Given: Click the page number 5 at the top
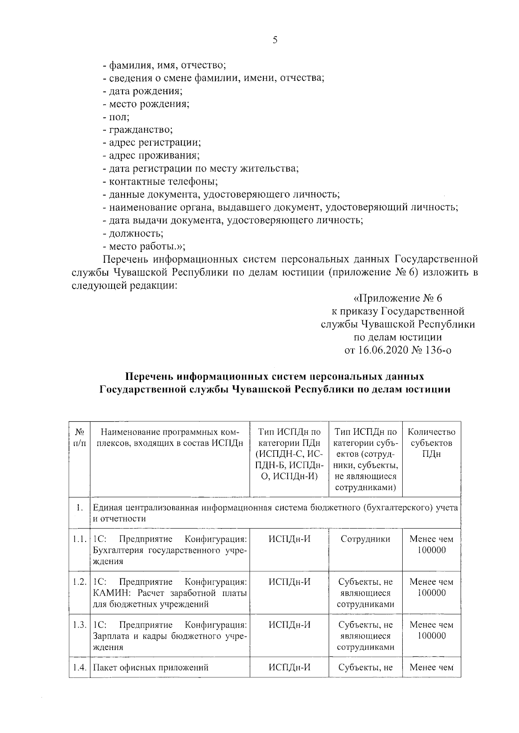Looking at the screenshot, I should [x=275, y=40].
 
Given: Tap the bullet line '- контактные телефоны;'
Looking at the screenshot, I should [x=160, y=182].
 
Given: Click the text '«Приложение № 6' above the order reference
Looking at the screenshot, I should [x=398, y=298].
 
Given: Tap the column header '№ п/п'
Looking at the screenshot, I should [x=79, y=437].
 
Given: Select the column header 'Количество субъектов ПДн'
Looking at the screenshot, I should [x=431, y=443].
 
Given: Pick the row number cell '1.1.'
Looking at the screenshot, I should [x=79, y=539].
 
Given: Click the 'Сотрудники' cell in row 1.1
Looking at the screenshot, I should [x=365, y=539].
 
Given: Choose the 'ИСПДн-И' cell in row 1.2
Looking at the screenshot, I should [x=289, y=582].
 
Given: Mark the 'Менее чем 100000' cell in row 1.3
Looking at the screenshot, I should [x=431, y=630].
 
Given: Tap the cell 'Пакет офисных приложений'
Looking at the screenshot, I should [x=151, y=667].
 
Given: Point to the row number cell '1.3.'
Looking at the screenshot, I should [x=79, y=625].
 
